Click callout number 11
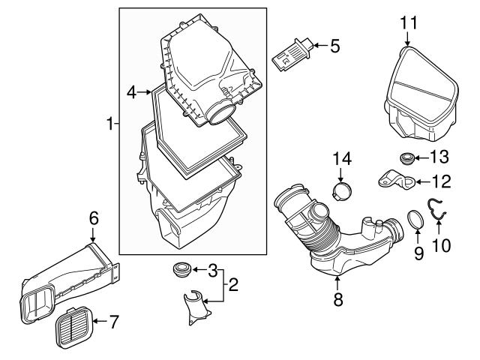(x=407, y=23)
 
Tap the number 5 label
(x=335, y=46)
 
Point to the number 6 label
(x=94, y=218)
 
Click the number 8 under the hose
(x=337, y=300)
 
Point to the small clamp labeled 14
(x=342, y=190)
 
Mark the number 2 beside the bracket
(x=233, y=285)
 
